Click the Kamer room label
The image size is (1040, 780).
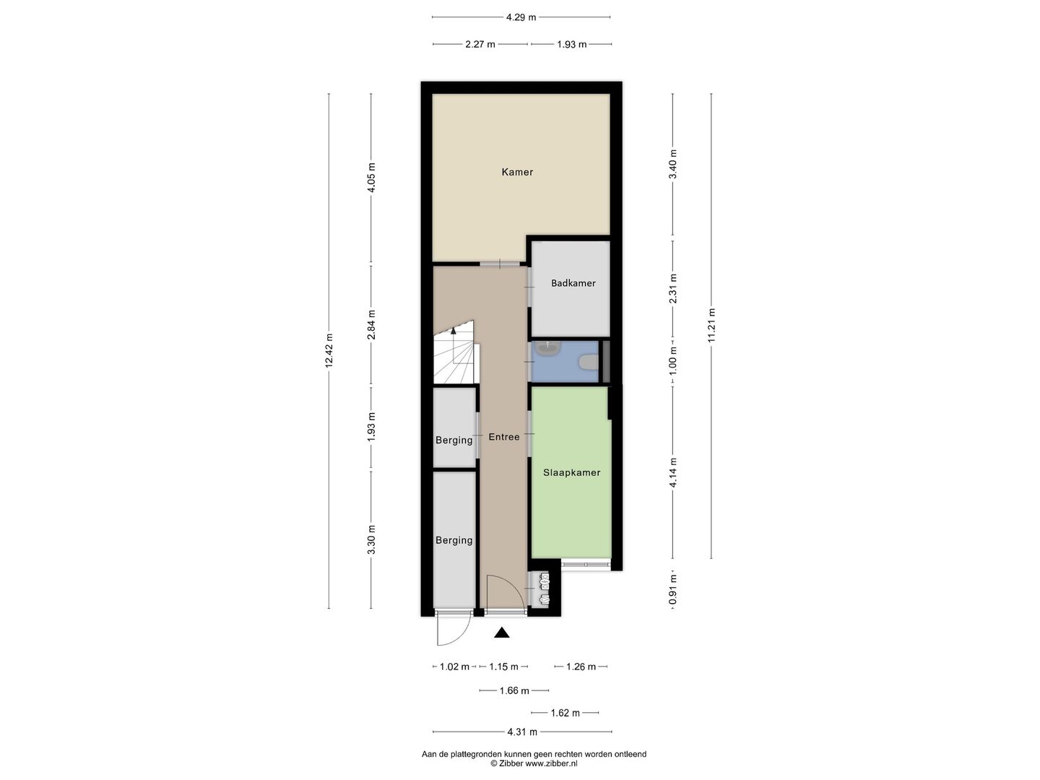(517, 172)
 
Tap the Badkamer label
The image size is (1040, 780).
(573, 283)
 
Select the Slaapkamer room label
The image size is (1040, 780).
(571, 472)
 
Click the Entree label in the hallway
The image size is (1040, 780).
(503, 437)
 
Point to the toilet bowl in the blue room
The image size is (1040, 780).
(590, 362)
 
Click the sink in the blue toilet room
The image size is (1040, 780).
(547, 349)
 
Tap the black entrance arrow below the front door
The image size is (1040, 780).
(502, 633)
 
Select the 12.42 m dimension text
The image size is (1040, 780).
(329, 351)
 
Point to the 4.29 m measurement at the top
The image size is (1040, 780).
(521, 17)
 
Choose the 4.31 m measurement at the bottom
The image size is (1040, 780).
(522, 732)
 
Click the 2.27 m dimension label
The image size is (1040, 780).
(480, 44)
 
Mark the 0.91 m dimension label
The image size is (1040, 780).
(673, 589)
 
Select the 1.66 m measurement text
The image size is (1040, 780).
(514, 690)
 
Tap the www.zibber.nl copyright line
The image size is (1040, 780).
(534, 763)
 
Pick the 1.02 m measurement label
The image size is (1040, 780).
(454, 667)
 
